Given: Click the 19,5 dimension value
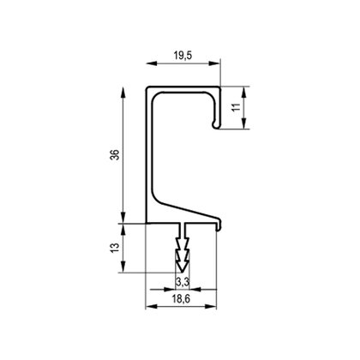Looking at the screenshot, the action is point(183,56).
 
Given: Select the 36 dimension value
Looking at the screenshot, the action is point(115,154).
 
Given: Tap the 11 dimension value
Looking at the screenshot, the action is point(236,107).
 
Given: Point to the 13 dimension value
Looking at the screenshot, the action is point(115,248).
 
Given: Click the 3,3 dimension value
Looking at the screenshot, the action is point(182,282).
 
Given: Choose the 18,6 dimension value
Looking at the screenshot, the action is point(181,299).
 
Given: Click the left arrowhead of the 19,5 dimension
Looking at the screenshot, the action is point(152,63).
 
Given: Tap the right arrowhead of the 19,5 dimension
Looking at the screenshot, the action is point(214,63).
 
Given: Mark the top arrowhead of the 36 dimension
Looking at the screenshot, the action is point(123,93).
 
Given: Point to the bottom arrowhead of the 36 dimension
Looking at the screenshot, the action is point(123,217).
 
